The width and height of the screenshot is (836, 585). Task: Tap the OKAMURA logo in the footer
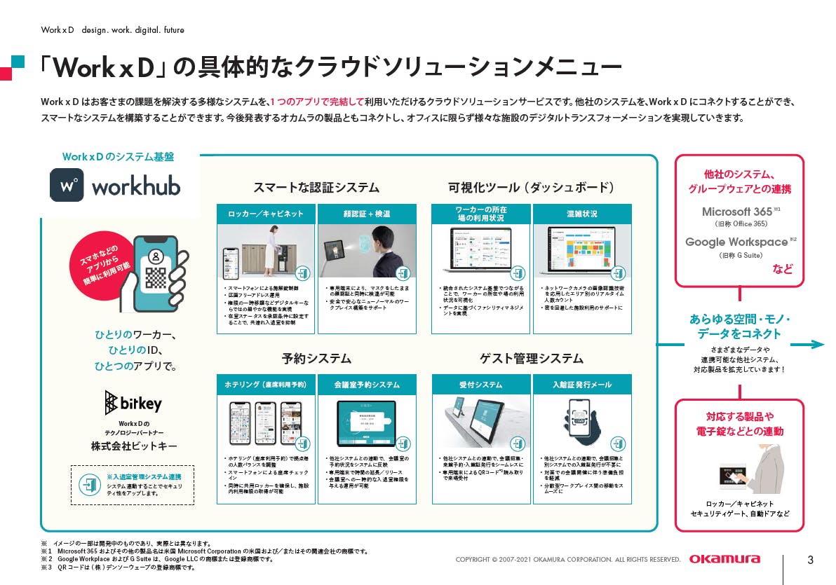(724, 559)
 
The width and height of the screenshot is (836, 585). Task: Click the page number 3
(810, 559)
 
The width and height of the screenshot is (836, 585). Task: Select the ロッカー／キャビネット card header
(266, 214)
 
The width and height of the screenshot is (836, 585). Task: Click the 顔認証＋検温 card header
(367, 214)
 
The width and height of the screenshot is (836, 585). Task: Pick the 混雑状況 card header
(582, 214)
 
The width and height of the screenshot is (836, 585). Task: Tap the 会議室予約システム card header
(367, 385)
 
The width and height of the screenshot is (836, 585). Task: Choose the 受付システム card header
(480, 385)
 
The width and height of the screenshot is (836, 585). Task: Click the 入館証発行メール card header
(582, 385)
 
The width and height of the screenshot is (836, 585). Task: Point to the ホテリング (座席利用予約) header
(266, 385)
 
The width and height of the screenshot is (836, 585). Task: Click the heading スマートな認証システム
(316, 187)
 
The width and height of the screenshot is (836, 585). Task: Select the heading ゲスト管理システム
(531, 358)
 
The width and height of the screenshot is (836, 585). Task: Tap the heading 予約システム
(316, 358)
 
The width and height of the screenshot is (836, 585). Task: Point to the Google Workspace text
(736, 242)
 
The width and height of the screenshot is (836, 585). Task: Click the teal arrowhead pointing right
(817, 344)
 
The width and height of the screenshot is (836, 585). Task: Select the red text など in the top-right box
(783, 269)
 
